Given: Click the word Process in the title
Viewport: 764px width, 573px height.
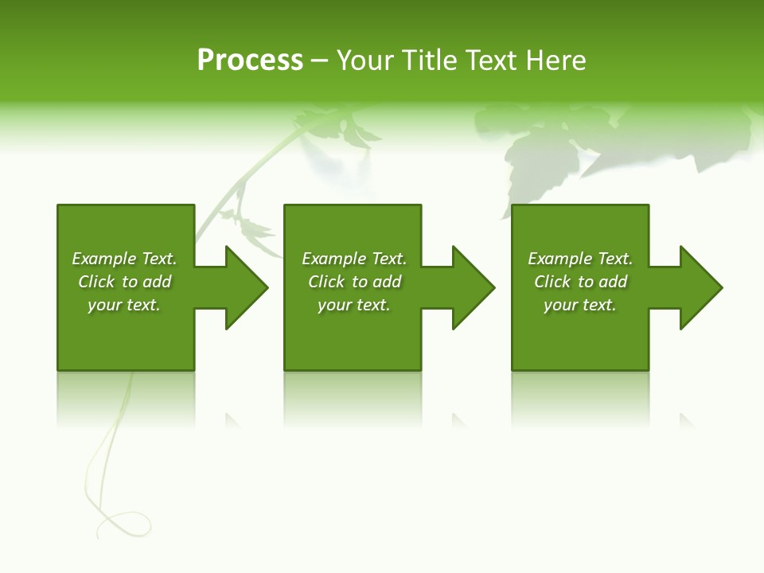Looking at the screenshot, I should click(x=250, y=60).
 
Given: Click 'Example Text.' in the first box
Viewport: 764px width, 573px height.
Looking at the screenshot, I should click(x=124, y=259).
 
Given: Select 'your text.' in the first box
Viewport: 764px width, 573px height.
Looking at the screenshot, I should click(x=124, y=305).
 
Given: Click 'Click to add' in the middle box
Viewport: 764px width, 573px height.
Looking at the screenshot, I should click(x=354, y=282).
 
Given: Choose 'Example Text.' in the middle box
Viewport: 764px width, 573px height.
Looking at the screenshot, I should click(x=354, y=259).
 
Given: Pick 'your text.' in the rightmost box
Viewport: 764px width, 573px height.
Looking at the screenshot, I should click(x=580, y=305).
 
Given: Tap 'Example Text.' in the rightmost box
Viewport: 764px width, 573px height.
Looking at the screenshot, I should click(x=580, y=259).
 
